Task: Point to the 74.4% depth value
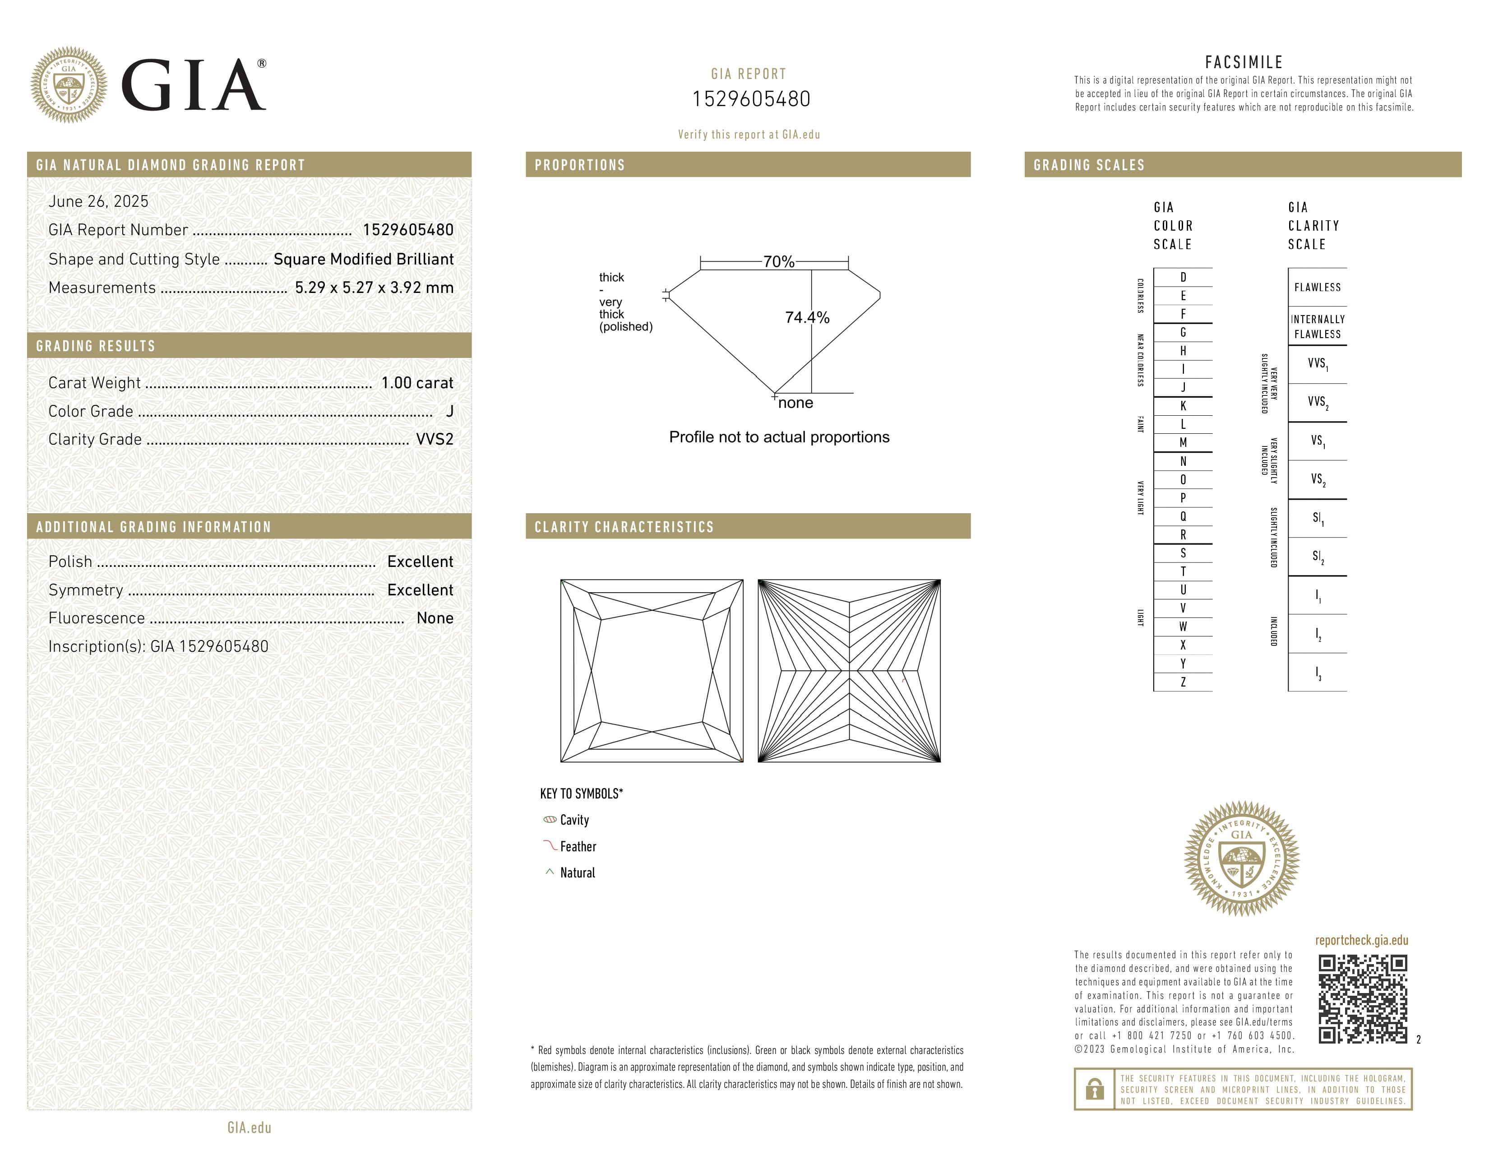click(x=807, y=318)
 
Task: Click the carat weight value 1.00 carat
click(x=416, y=383)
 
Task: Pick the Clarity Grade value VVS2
click(x=434, y=440)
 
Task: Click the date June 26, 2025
click(x=98, y=202)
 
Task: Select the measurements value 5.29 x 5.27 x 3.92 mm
click(x=374, y=288)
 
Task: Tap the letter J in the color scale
click(x=1183, y=387)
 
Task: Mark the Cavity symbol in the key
click(x=550, y=820)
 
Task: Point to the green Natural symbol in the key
click(x=550, y=872)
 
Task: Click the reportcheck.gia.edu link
click(x=1361, y=940)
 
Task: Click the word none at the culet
click(x=795, y=403)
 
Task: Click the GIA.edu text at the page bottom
click(x=249, y=1128)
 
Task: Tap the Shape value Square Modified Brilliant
click(x=363, y=259)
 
